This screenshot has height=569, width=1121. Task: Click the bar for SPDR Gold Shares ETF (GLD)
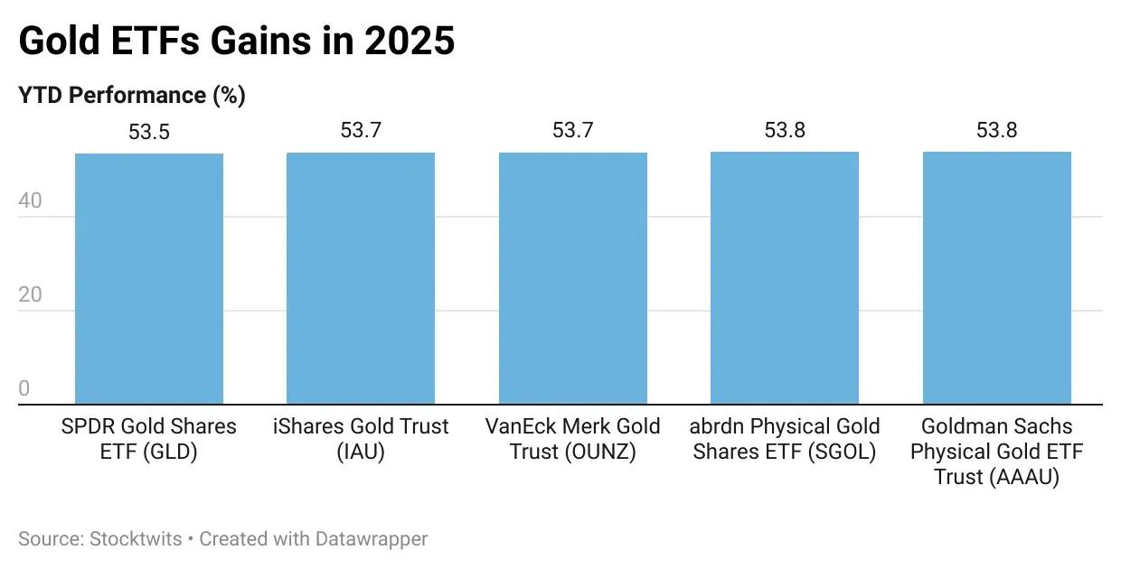coord(148,278)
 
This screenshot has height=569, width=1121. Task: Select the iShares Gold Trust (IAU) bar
coord(361,278)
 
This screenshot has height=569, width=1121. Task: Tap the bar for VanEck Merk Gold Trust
coord(572,278)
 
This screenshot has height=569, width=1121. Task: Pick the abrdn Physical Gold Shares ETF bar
coord(785,278)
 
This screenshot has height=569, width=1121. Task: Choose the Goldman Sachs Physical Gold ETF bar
coord(996,278)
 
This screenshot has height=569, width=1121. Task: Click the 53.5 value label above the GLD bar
coord(148,132)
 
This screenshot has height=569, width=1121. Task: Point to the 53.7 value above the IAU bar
coord(361,130)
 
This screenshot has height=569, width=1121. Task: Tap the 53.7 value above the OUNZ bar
coord(572,130)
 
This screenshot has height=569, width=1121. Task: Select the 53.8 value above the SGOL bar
coord(785,130)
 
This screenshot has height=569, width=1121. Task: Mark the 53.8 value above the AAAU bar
coord(996,130)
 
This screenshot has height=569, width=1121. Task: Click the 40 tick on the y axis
coord(30,201)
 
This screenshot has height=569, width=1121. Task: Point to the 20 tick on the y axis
coord(30,295)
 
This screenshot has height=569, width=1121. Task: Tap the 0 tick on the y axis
coord(24,389)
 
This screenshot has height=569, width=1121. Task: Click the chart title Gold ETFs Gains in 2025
coord(236,41)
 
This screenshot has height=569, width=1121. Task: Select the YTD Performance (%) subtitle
coord(132,95)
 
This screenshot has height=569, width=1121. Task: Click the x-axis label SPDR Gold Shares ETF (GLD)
coord(148,439)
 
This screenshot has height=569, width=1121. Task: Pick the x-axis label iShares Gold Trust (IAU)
coord(361,439)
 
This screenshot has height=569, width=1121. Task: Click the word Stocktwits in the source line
coord(137,539)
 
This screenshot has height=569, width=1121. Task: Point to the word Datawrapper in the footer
coord(371,539)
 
